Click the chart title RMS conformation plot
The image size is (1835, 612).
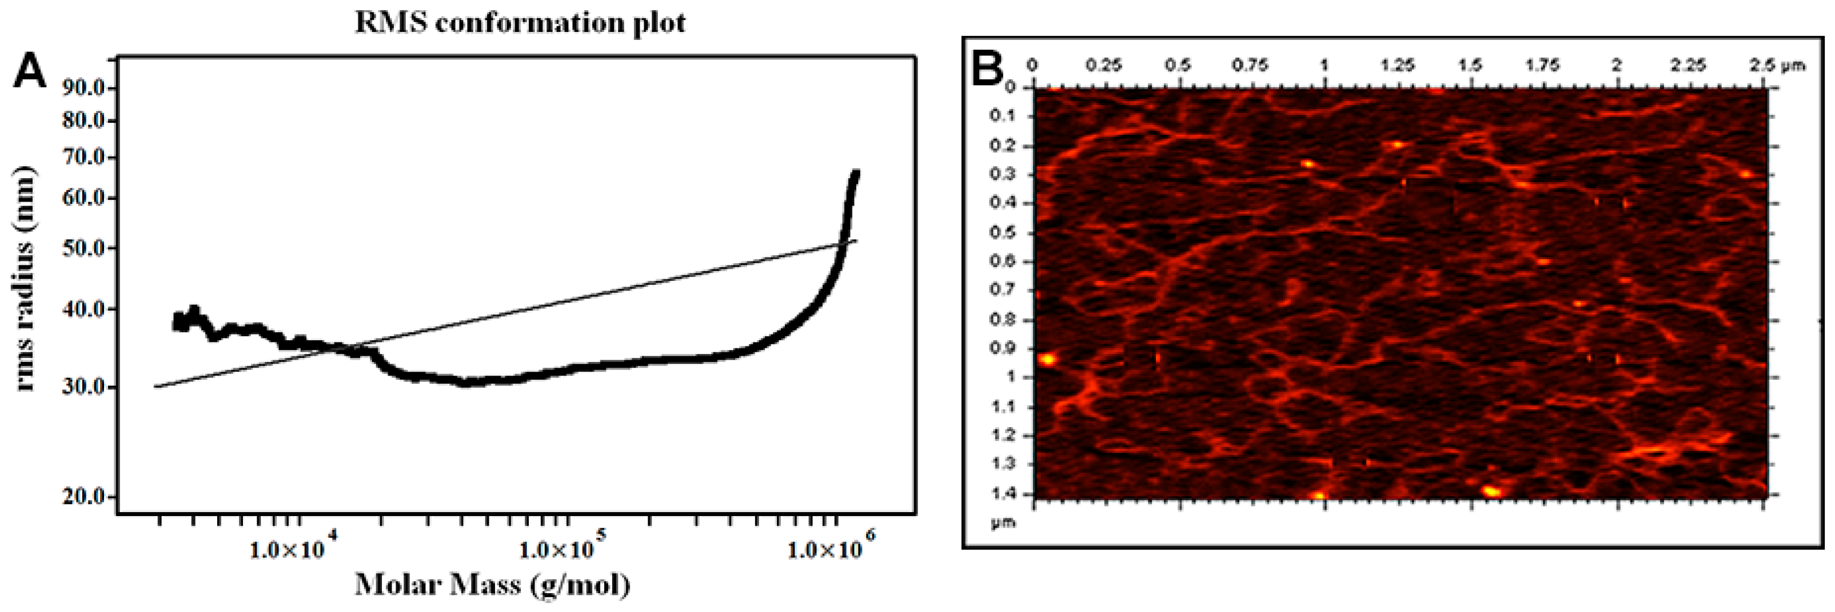point(520,23)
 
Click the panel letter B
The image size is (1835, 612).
point(988,69)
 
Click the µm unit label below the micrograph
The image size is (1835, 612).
point(1003,523)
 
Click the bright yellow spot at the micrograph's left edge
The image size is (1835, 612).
point(1047,359)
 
